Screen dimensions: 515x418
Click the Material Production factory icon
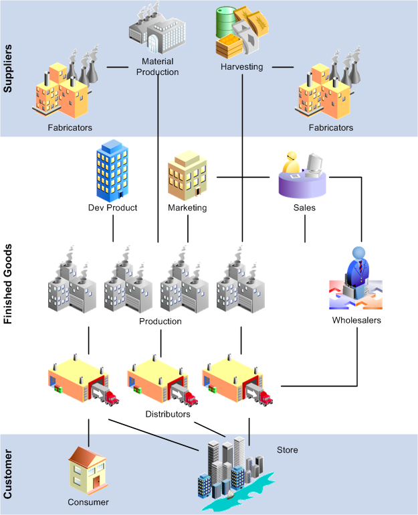(x=156, y=30)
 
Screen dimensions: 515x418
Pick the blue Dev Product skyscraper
(x=112, y=170)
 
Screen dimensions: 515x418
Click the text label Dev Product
(x=112, y=208)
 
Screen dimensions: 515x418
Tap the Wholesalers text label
(x=356, y=320)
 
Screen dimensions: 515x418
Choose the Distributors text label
(x=168, y=414)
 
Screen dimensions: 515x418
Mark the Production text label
(x=160, y=321)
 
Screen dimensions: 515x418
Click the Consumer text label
(x=88, y=502)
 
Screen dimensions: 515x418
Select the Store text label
(x=288, y=449)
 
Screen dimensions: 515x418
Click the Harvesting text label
(x=242, y=66)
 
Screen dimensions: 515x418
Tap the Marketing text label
(x=187, y=208)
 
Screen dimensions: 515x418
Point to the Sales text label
(x=305, y=208)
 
